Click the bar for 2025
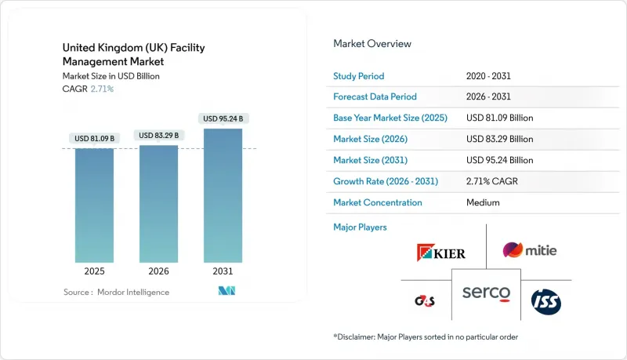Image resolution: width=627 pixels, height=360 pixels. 94,205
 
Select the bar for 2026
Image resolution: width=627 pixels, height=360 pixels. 158,204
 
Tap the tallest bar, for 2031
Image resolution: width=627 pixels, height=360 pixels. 223,196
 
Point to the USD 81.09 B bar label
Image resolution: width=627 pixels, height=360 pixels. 94,139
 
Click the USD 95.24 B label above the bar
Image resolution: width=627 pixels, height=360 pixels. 223,119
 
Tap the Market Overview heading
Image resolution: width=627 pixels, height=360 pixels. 372,43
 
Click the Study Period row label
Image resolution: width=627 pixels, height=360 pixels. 358,76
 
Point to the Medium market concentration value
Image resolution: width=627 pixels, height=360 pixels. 483,202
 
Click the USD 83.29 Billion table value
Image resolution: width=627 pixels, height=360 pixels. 499,140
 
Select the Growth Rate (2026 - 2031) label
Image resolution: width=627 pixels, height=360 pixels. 386,181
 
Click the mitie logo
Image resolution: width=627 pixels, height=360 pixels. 530,250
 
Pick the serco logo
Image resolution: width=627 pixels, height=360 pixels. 486,293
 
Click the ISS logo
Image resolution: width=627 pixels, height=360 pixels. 545,301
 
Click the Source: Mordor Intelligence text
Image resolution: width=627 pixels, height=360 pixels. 117,292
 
